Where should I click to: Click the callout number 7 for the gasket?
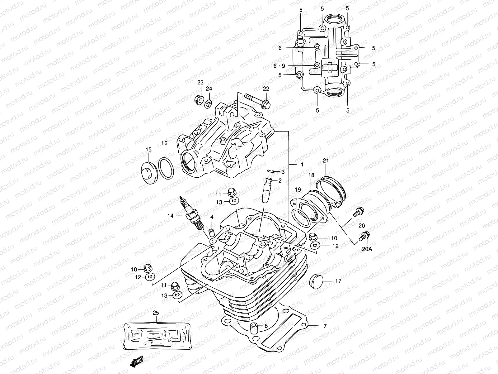pos(325,326)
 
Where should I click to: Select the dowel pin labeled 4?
pos(211,233)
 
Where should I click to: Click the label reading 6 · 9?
pos(279,66)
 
